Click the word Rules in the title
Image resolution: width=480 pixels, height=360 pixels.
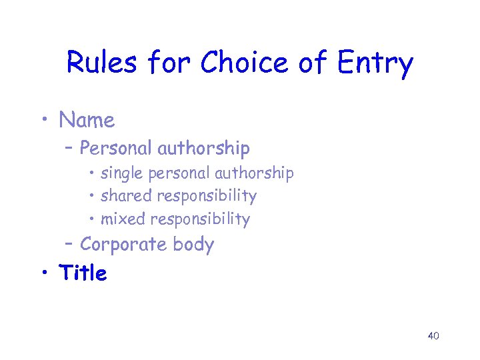coord(103,63)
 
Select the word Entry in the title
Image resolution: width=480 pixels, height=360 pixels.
coord(375,64)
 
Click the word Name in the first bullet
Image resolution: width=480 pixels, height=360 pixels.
coord(87,120)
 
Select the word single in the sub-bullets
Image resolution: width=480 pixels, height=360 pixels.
coord(122,173)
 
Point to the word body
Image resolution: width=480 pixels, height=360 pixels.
coord(193,245)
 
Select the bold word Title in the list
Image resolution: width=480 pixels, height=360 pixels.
coord(83,273)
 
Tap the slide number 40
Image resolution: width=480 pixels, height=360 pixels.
coord(433,335)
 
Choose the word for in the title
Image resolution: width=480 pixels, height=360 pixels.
coord(172,63)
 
